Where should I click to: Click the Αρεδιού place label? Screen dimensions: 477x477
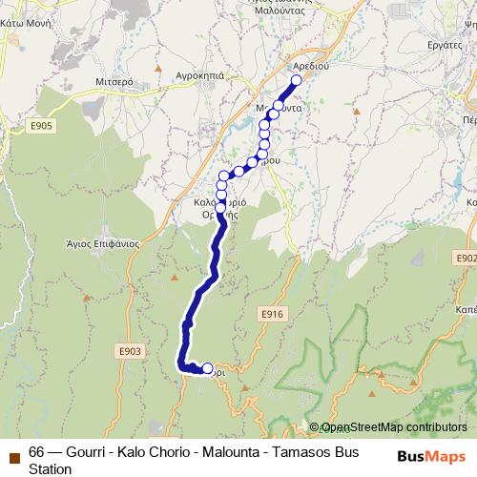312,67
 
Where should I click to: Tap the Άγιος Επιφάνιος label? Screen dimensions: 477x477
103,242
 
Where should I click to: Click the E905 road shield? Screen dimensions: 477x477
41,125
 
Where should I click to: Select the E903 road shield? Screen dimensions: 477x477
131,351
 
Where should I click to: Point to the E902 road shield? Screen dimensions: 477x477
467,258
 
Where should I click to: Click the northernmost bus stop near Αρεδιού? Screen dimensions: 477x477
297,80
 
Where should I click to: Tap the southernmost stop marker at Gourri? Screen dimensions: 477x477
208,368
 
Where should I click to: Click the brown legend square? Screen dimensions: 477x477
14,452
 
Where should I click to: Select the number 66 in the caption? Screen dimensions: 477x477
37,452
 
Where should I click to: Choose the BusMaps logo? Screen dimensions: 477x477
431,456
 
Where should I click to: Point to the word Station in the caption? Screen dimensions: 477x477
50,468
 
